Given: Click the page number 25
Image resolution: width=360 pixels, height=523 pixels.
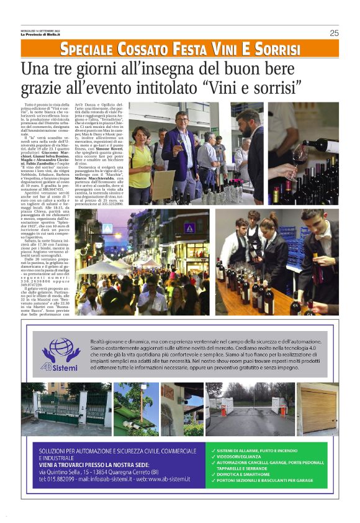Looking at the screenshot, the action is [x=334, y=33].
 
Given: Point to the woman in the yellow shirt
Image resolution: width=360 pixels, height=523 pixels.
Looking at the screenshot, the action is [x=141, y=156].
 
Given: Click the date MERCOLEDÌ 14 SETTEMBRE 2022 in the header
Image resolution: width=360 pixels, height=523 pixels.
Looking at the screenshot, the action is [x=42, y=30].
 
